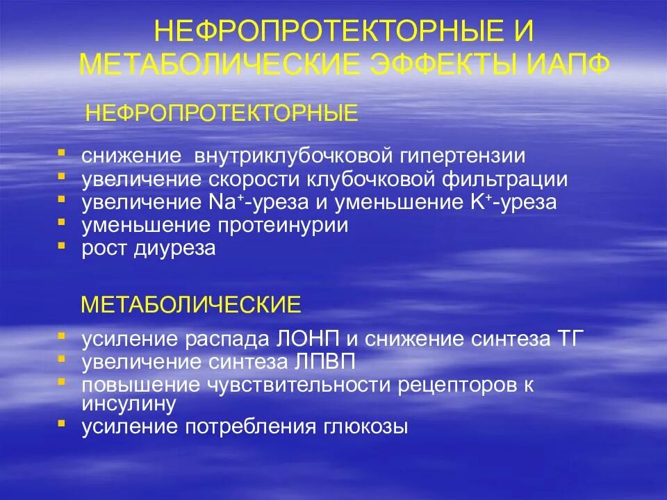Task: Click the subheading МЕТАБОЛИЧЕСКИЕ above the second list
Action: pos(191,304)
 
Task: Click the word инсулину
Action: pos(129,403)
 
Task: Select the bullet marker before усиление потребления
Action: pos(62,424)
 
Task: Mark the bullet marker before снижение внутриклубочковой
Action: pos(62,152)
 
